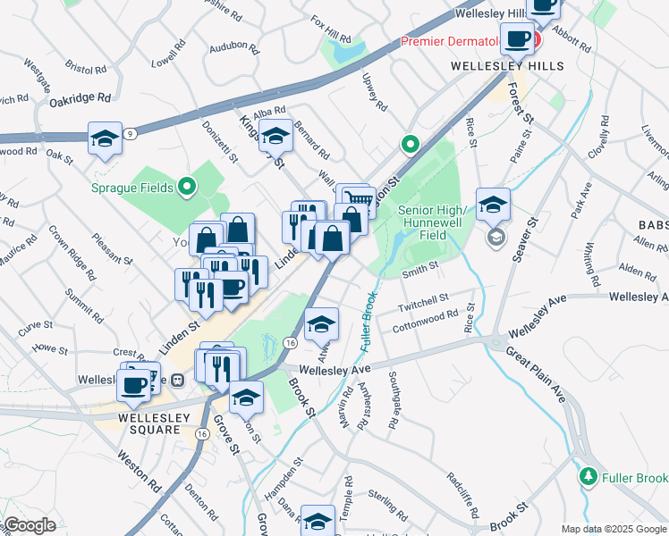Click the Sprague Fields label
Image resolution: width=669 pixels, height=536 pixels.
click(x=133, y=188)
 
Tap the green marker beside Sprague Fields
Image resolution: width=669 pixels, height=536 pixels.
click(x=186, y=187)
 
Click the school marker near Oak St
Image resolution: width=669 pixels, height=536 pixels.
click(x=106, y=139)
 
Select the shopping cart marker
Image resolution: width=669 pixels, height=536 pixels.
click(x=358, y=199)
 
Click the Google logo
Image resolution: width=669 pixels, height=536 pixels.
click(x=30, y=525)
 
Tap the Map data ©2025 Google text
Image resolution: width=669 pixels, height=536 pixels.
click(x=614, y=529)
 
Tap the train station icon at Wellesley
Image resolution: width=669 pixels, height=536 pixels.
click(x=178, y=380)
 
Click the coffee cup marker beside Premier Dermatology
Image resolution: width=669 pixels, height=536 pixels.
click(x=517, y=38)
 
